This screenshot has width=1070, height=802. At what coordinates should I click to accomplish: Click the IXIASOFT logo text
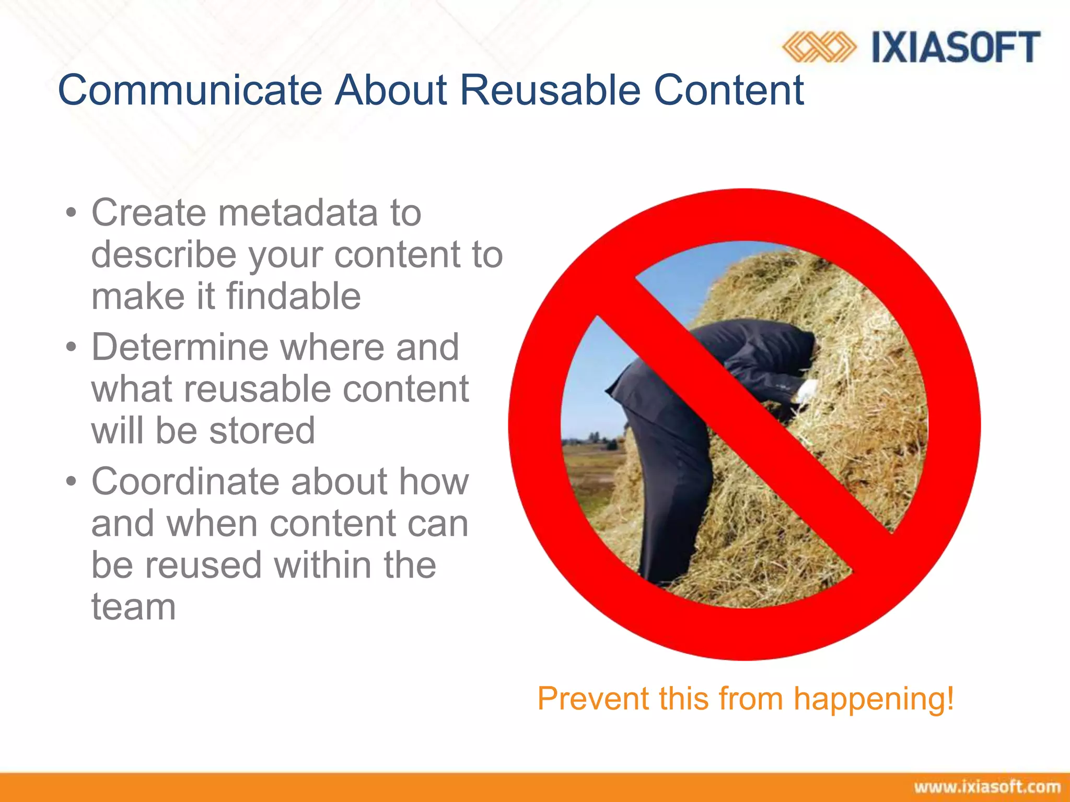(x=956, y=47)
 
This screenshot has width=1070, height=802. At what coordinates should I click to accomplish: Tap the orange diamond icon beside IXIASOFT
(x=819, y=47)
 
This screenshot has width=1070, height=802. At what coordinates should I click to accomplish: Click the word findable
(x=294, y=296)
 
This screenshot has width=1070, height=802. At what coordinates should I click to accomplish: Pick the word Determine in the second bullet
(x=179, y=347)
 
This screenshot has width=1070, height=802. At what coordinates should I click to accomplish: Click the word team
(x=134, y=607)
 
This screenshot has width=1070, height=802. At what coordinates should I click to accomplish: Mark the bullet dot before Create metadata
(x=72, y=214)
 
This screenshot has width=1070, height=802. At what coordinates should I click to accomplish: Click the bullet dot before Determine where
(x=72, y=348)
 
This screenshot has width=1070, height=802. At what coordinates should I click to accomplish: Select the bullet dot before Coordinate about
(x=72, y=482)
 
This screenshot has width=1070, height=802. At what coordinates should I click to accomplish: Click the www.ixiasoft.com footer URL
(x=987, y=787)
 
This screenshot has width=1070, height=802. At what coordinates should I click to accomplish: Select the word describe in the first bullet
(x=164, y=255)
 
